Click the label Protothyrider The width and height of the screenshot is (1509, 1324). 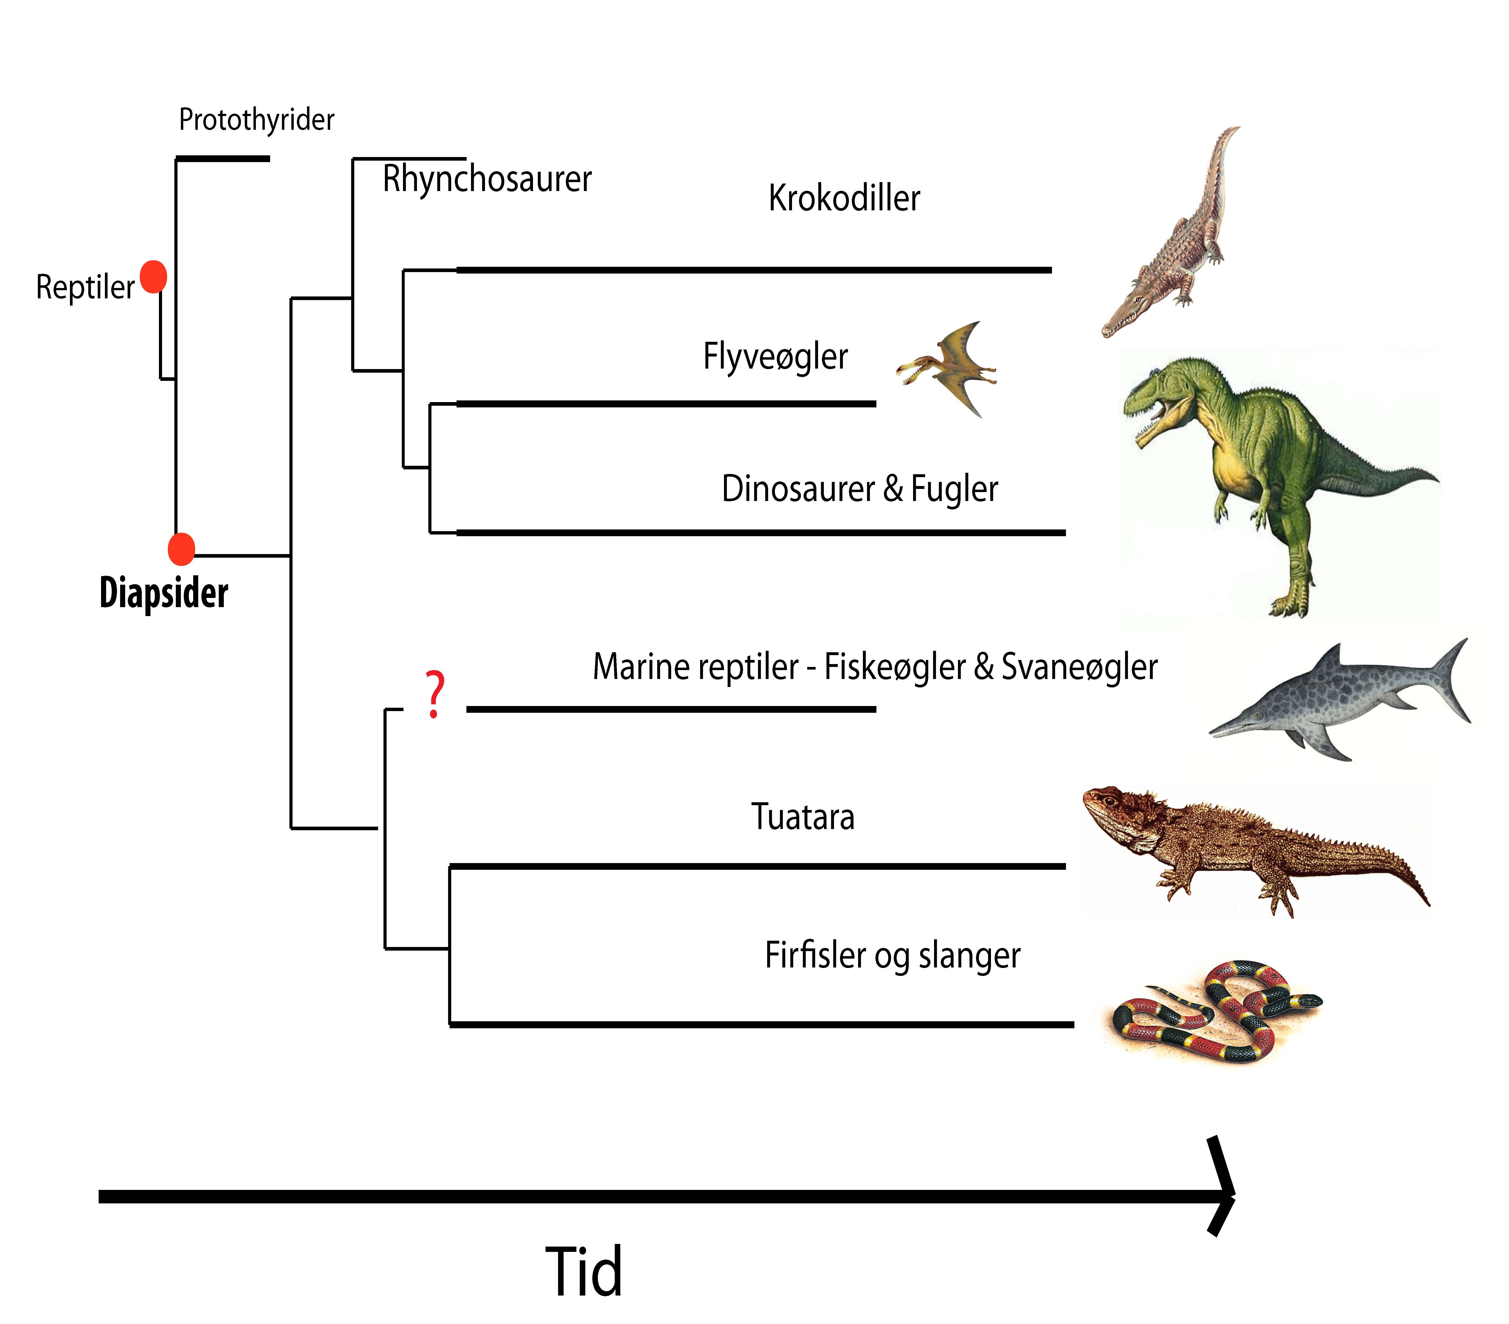pos(256,120)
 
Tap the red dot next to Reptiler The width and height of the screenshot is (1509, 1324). pos(154,277)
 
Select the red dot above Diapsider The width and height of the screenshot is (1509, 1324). pos(181,549)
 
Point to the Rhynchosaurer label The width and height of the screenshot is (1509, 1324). pos(487,179)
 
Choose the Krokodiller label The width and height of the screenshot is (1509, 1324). pos(844,198)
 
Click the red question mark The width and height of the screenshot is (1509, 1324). pos(435,694)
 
